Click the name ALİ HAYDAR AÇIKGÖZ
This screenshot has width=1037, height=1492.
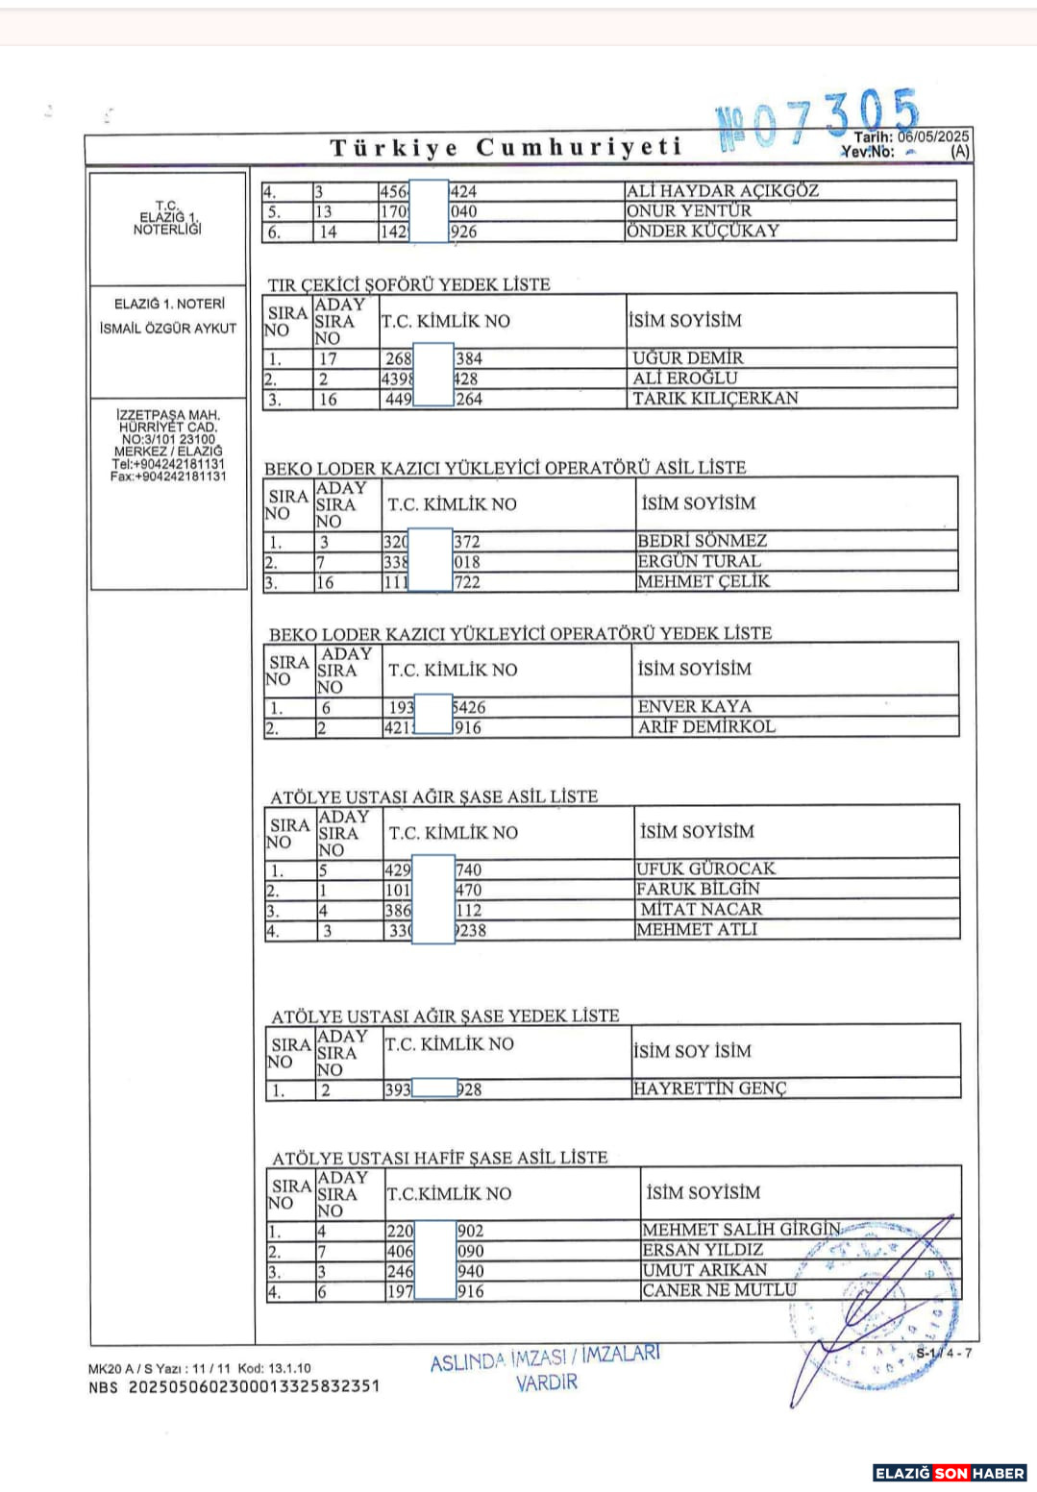(722, 191)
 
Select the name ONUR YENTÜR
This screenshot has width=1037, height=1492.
(689, 211)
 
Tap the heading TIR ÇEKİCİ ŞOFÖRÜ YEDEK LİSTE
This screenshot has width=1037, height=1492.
(408, 284)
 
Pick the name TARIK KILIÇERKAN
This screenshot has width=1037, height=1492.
(715, 399)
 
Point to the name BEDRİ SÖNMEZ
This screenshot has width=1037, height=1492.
(702, 541)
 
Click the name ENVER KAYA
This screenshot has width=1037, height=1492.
(694, 707)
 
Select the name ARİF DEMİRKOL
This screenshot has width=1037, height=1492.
(706, 727)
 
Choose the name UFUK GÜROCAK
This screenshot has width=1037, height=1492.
(705, 868)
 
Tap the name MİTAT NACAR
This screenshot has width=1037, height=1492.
(701, 910)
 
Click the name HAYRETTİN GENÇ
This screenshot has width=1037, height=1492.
(709, 1088)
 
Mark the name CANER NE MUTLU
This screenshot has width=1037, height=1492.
(719, 1290)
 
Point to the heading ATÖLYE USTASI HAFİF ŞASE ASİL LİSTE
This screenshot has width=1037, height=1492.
(439, 1158)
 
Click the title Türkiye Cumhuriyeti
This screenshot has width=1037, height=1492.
(506, 148)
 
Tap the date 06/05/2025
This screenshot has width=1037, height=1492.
(933, 136)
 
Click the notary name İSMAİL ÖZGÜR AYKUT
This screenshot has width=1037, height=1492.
(168, 329)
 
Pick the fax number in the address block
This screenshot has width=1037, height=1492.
(168, 476)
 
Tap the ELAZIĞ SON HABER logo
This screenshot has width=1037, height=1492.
(949, 1473)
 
